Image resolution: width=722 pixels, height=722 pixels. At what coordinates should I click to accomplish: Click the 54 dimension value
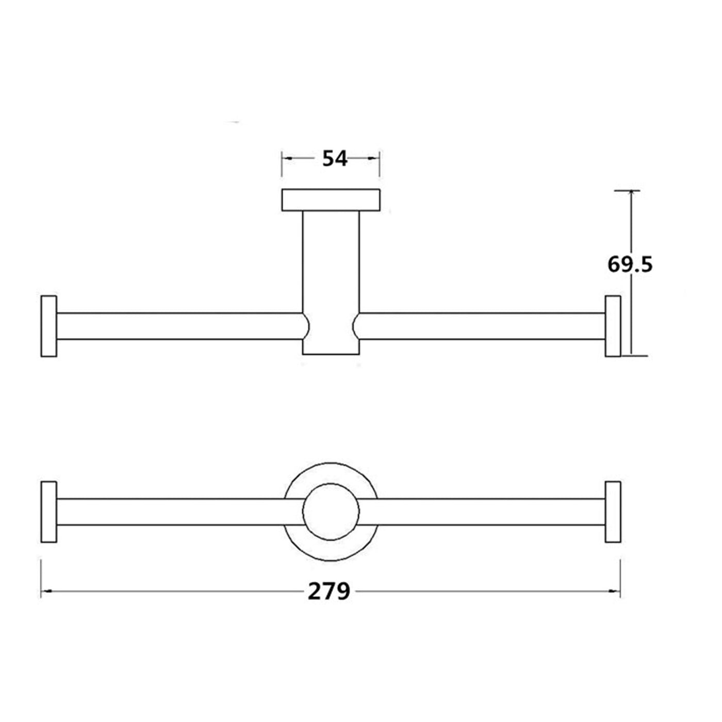pos(335,158)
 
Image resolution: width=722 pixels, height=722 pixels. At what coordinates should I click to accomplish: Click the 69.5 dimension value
pos(630,265)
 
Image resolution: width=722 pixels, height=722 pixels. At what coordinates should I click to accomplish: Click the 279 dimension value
pos(329,592)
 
